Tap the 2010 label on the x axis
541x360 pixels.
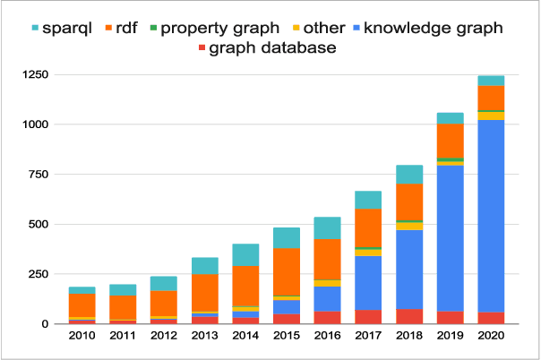point(82,335)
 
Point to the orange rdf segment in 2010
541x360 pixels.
point(82,304)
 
